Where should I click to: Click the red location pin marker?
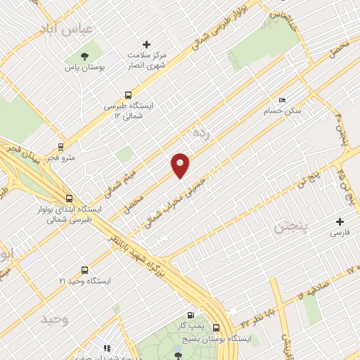pos(181,165)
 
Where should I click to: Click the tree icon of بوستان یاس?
pos(85,56)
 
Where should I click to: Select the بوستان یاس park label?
pos(85,67)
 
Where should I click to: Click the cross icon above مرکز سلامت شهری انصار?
pos(147,44)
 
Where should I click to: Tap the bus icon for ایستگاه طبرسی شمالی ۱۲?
pos(128,94)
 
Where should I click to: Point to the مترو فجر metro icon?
pos(61,148)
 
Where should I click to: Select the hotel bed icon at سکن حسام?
pos(283,100)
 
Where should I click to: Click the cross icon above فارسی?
pos(340,221)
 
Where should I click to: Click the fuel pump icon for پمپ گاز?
pos(191,316)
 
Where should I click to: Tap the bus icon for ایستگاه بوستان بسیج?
pos(216,328)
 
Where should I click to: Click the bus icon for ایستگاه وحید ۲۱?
pos(85,270)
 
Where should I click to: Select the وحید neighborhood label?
pos(54,320)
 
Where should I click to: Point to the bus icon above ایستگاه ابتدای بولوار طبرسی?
pos(69,198)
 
